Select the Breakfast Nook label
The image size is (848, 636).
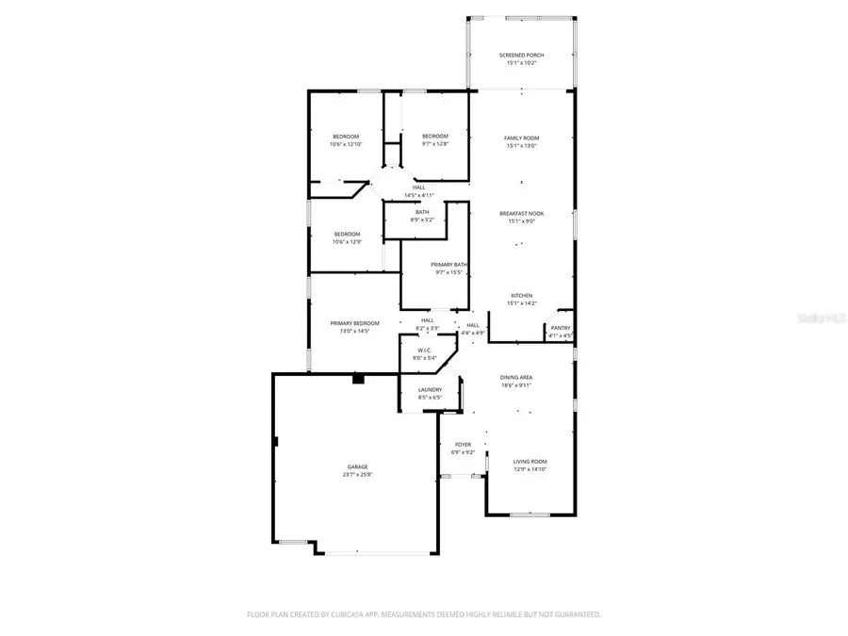[521, 218]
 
